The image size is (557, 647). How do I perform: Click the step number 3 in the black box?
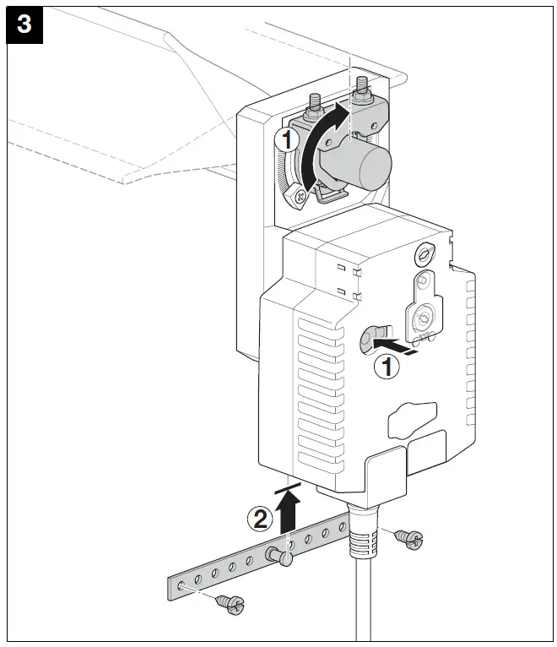(24, 24)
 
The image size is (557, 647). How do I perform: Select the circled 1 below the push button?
(387, 367)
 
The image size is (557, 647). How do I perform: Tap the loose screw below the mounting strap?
(229, 602)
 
